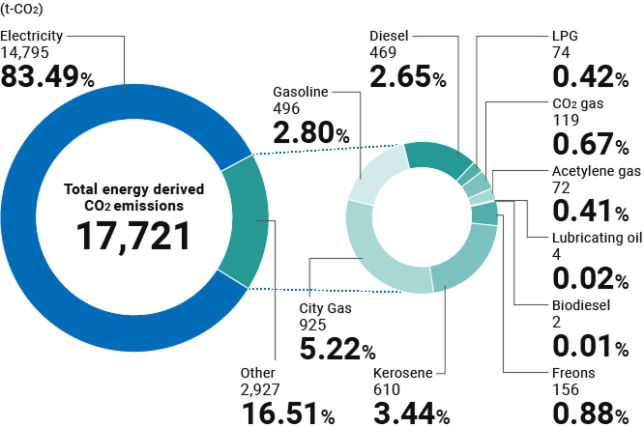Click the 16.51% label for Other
(287, 413)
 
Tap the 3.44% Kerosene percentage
(411, 413)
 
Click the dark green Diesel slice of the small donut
(436, 158)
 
